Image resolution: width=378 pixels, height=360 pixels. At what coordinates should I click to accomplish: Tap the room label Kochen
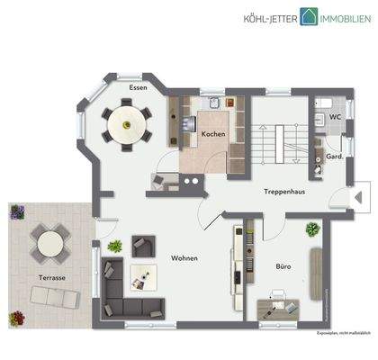coord(213,134)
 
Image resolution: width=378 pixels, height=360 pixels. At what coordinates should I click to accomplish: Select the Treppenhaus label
coord(283,191)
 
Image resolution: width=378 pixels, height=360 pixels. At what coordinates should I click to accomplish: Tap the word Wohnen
coord(184,258)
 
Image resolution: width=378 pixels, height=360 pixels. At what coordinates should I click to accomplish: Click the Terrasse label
coord(50,276)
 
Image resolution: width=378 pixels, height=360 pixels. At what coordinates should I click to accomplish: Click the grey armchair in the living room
coord(143,244)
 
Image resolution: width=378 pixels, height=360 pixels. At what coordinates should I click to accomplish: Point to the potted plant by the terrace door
coord(114,245)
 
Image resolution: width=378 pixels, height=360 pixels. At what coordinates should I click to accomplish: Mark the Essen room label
coord(138,87)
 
